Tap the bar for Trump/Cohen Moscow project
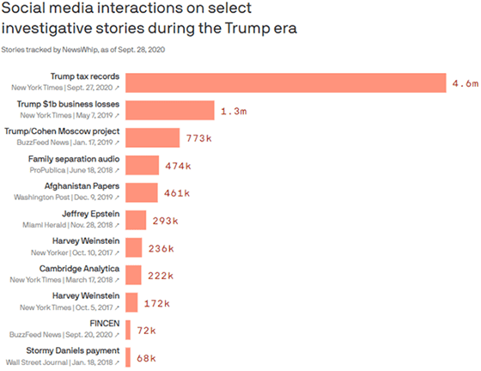pyautogui.click(x=153, y=138)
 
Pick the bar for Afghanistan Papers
pyautogui.click(x=142, y=193)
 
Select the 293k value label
pyautogui.click(x=165, y=221)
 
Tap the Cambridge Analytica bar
pyautogui.click(x=134, y=276)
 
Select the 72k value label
pyautogui.click(x=147, y=331)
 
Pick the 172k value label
pyautogui.click(x=157, y=303)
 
